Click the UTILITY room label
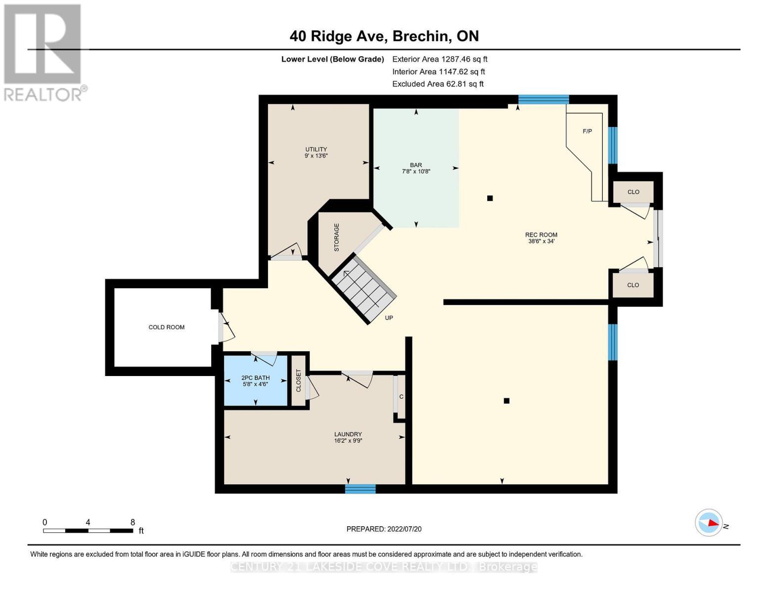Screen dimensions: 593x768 316,149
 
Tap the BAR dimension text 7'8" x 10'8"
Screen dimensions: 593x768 416,171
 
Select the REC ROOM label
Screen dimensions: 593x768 541,235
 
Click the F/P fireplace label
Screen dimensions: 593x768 587,131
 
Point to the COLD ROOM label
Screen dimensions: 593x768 167,327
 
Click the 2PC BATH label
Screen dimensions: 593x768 255,378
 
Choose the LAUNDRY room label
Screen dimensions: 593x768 348,434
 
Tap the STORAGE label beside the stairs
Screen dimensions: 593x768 337,237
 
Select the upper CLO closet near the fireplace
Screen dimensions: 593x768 633,192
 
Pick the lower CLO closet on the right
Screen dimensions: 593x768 633,285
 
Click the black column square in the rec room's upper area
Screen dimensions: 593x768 490,198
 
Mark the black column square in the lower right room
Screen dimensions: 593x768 506,401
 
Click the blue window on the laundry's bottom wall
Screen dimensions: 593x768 360,489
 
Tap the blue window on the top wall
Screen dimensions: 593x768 543,99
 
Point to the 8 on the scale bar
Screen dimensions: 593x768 133,522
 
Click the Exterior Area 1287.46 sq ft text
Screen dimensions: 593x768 440,59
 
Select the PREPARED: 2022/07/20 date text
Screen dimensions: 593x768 384,529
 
